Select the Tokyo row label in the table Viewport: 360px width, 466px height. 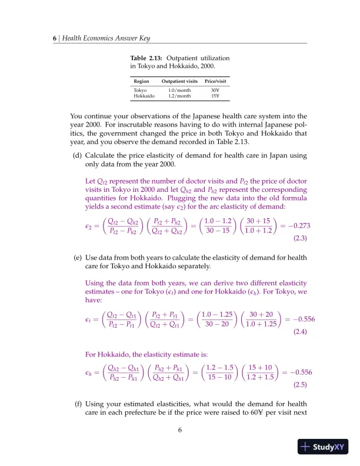coord(141,90)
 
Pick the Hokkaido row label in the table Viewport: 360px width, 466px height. coord(144,96)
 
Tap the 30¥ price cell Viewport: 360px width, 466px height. coord(214,90)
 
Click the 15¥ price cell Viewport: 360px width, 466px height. coord(214,96)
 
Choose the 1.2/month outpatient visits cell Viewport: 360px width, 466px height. coord(179,96)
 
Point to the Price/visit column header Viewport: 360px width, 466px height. coord(215,81)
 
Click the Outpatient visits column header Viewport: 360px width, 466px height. coord(179,81)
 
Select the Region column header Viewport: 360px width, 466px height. coord(141,81)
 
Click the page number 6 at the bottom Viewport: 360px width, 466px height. coord(180,430)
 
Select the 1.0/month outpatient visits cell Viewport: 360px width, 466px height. coord(179,90)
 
